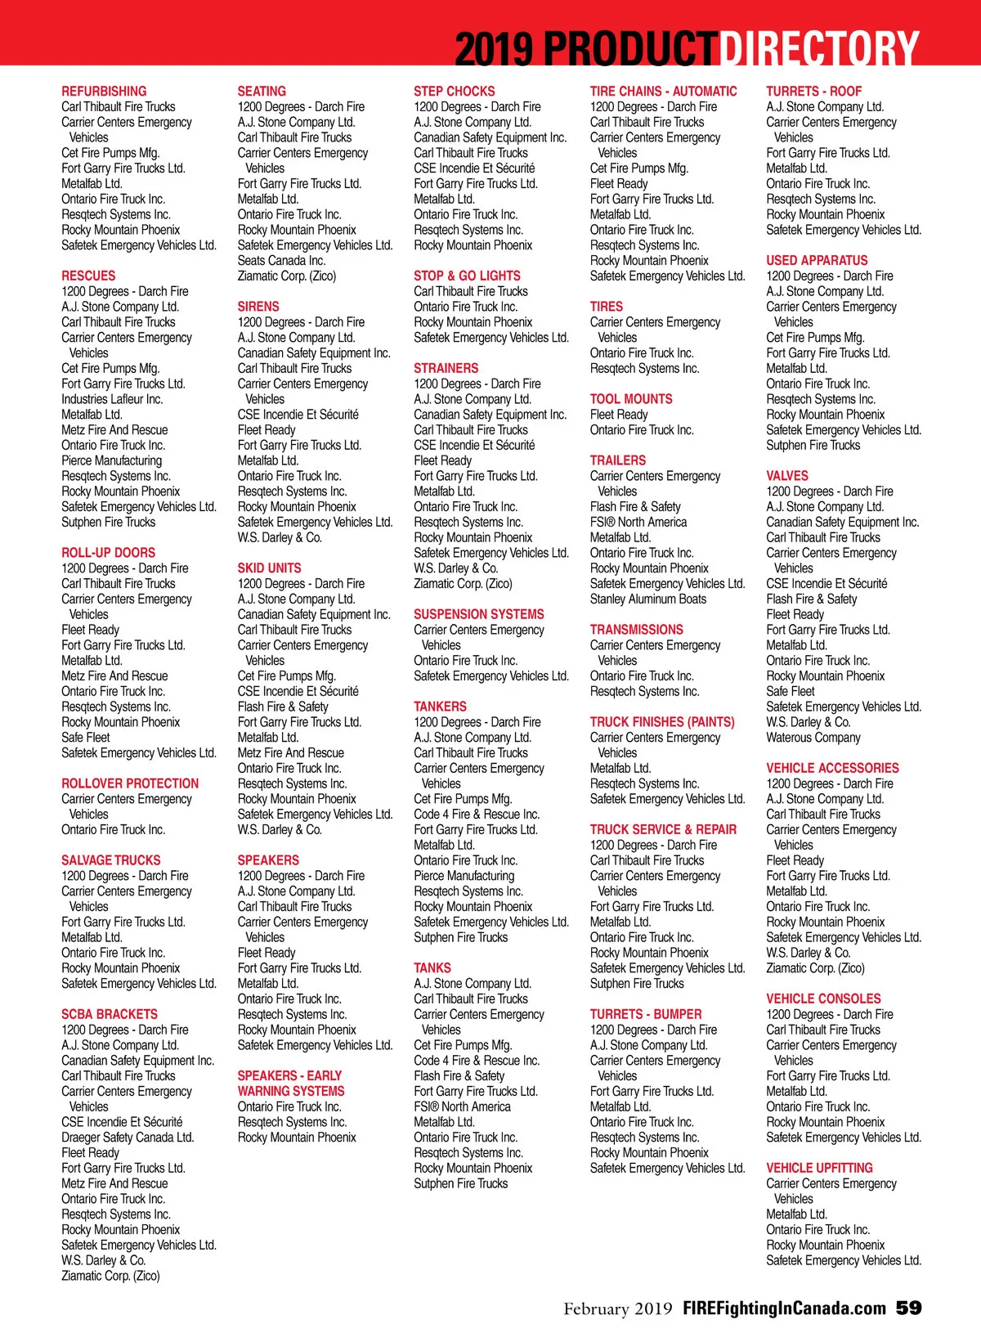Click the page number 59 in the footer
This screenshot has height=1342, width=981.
pos(908,1308)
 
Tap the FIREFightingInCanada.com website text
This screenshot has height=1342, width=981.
pos(784,1308)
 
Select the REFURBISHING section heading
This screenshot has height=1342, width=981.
pos(104,92)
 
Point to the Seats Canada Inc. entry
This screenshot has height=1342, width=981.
pos(281,261)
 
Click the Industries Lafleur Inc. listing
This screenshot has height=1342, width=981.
pos(112,399)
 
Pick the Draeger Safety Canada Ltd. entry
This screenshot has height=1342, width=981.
pos(128,1138)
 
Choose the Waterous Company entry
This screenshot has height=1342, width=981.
pos(813,738)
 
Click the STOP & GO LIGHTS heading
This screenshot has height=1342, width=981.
pos(467,276)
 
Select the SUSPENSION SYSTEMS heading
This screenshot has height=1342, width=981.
pos(478,614)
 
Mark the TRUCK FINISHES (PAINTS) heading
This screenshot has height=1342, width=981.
pos(662,722)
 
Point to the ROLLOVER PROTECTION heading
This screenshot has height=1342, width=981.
pos(130,783)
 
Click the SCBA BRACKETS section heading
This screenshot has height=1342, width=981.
pos(110,1014)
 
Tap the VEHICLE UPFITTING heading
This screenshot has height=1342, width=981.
pos(819,1168)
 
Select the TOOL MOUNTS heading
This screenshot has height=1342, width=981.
pos(631,399)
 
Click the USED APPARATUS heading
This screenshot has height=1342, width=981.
pos(817,261)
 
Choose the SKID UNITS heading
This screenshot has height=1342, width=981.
pos(269,568)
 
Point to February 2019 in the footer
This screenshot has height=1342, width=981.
pos(617,1308)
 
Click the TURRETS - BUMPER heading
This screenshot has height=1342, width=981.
pos(646,1014)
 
